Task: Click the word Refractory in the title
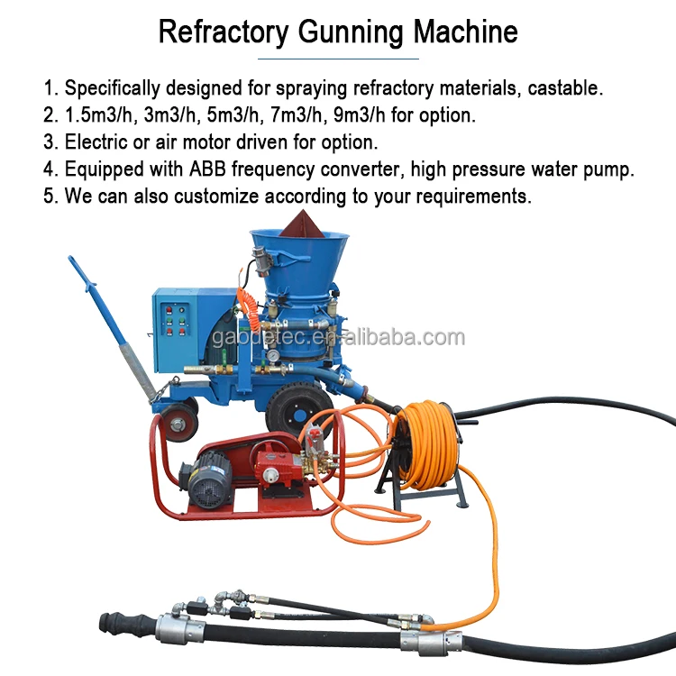click(224, 32)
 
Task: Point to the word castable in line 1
click(569, 88)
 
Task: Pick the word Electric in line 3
click(99, 142)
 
